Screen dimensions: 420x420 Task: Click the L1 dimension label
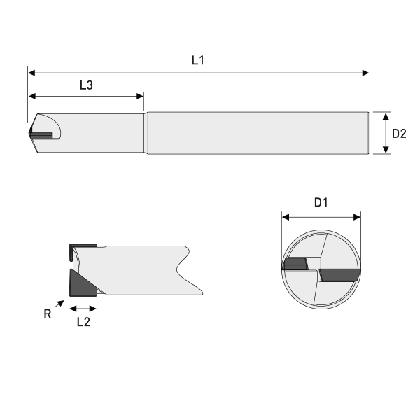click(x=198, y=60)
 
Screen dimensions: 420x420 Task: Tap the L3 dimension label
click(x=86, y=85)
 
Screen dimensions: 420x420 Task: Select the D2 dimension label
click(x=399, y=134)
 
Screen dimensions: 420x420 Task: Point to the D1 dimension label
click(x=321, y=202)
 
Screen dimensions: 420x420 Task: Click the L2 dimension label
click(x=83, y=322)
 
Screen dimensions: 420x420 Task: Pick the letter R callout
click(x=48, y=314)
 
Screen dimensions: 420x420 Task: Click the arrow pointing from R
click(x=59, y=304)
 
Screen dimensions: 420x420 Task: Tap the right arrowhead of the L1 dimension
click(x=366, y=73)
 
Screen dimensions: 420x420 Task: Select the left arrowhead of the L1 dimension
click(x=31, y=73)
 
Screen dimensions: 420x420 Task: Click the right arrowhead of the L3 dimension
click(x=140, y=96)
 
